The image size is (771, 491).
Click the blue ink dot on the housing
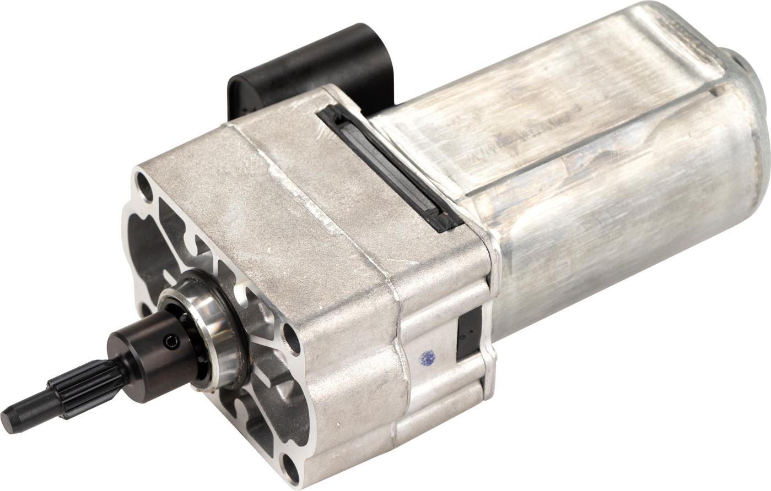427,358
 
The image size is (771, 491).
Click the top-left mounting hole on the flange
145,185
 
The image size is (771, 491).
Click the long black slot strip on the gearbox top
386,165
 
